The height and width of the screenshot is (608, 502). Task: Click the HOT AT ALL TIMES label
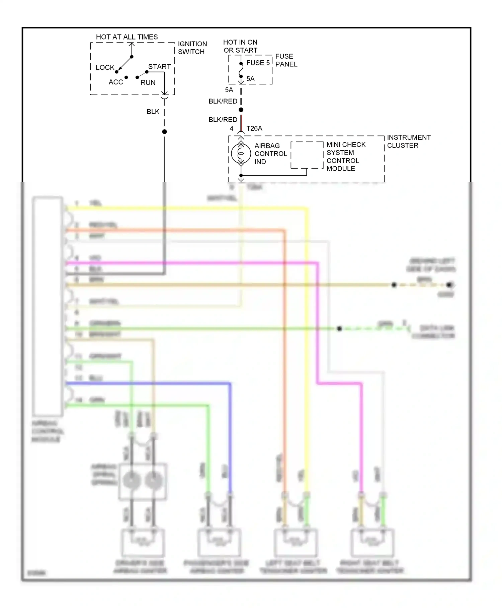(x=127, y=37)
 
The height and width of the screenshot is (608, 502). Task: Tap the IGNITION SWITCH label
(x=192, y=48)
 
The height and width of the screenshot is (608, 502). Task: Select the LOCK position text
(x=105, y=67)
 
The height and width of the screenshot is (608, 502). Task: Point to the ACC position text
(x=116, y=82)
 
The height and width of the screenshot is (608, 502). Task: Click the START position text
(x=159, y=67)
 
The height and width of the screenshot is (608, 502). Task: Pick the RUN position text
(x=148, y=82)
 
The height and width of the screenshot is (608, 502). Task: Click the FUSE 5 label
(x=258, y=63)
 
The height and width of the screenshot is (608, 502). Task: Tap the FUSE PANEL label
(x=286, y=60)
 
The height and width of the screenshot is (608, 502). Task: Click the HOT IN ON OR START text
(x=240, y=46)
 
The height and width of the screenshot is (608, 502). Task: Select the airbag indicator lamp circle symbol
(x=241, y=154)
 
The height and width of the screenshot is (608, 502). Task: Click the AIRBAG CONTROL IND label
(x=270, y=154)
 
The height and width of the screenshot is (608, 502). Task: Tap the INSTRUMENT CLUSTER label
(x=408, y=141)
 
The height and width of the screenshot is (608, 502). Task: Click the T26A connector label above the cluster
(x=254, y=128)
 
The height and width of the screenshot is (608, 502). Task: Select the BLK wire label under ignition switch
(x=153, y=112)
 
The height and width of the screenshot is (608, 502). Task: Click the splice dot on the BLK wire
(x=164, y=132)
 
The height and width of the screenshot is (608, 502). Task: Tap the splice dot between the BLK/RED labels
(x=241, y=110)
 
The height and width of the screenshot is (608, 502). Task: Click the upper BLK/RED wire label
(x=223, y=101)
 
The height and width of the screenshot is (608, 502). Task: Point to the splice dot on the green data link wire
(x=339, y=328)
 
